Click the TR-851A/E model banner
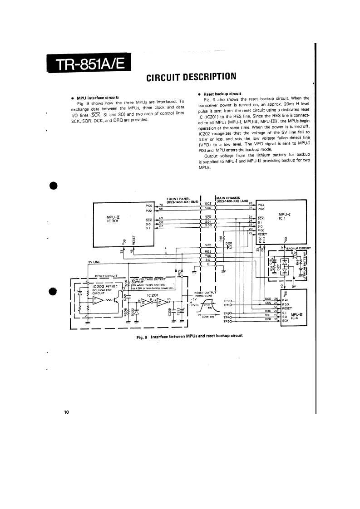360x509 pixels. tap(89, 64)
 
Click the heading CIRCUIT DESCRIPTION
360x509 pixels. tap(191, 76)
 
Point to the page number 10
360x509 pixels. tap(66, 412)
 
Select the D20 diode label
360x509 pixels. tap(229, 243)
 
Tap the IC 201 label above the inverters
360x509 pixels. tap(153, 295)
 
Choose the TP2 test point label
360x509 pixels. tap(227, 301)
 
